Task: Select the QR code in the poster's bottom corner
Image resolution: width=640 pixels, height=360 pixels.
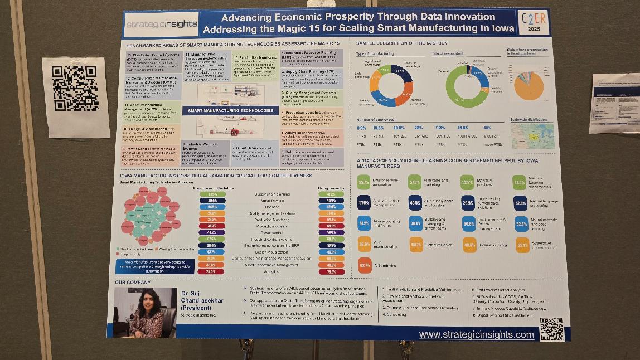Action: pos(551,328)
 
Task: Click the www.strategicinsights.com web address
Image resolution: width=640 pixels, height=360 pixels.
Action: pos(476,334)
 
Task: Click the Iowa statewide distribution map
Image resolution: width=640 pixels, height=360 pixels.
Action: pos(532,135)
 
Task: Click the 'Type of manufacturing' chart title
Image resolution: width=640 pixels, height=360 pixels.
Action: pos(375,53)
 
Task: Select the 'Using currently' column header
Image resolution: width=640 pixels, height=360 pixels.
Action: pos(331,188)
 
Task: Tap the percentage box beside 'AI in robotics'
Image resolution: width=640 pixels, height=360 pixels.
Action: pos(365,265)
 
